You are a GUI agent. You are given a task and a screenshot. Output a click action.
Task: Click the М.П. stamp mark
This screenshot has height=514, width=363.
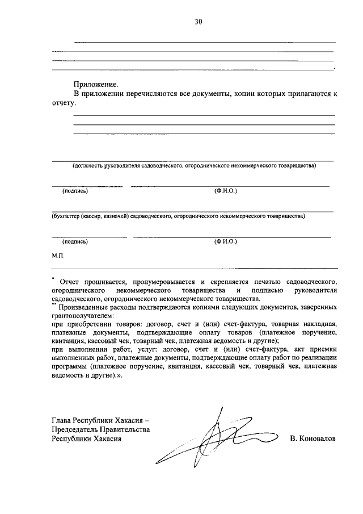58,257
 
